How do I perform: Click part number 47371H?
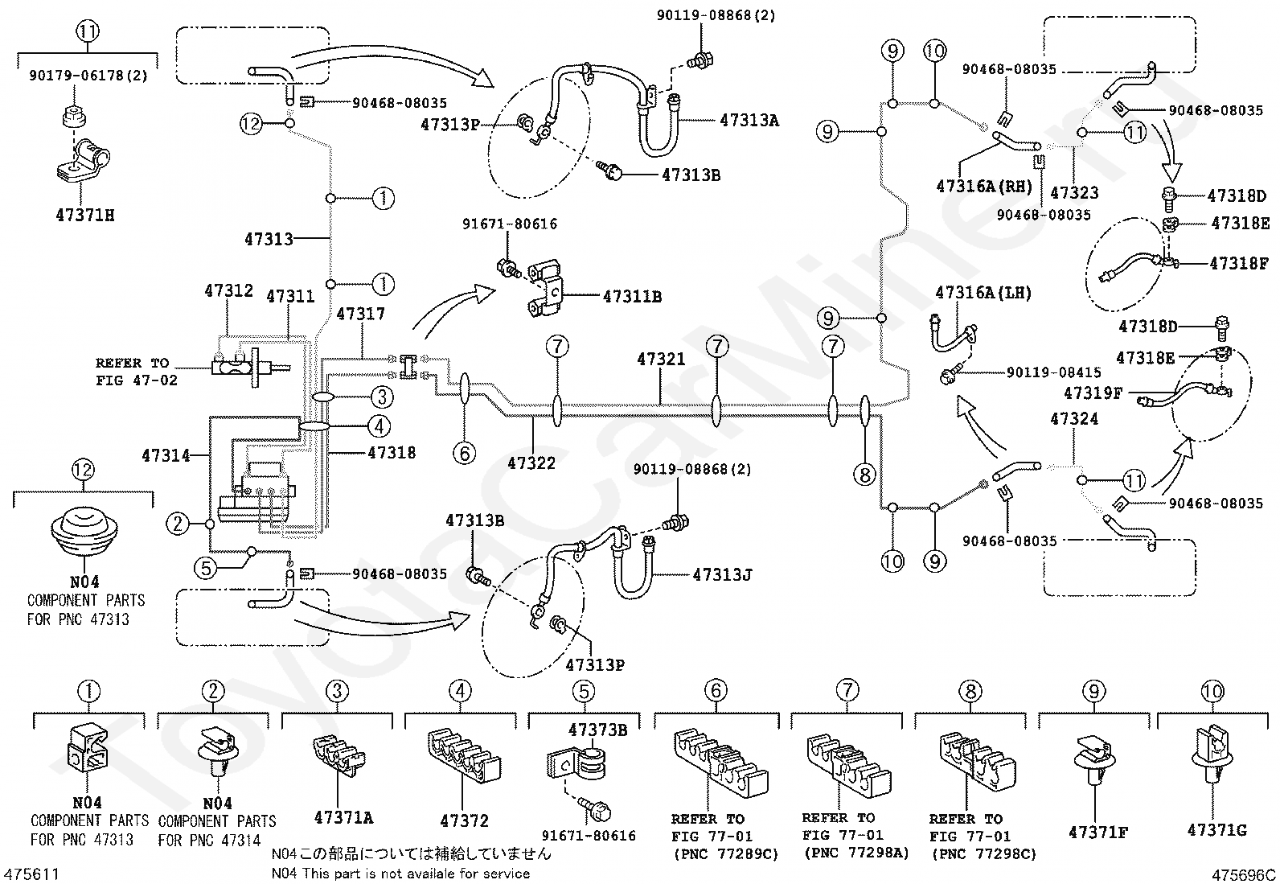pyautogui.click(x=85, y=215)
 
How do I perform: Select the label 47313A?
pyautogui.click(x=749, y=120)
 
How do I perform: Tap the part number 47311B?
pyautogui.click(x=632, y=296)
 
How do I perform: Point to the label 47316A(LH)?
pyautogui.click(x=983, y=293)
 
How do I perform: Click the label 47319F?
pyautogui.click(x=1093, y=393)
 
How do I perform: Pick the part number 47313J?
pyautogui.click(x=722, y=574)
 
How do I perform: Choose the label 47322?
pyautogui.click(x=531, y=463)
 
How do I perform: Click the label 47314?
pyautogui.click(x=166, y=455)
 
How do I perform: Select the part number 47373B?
pyautogui.click(x=597, y=730)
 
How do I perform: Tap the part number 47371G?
pyautogui.click(x=1217, y=829)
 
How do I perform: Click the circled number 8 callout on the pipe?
pyautogui.click(x=864, y=474)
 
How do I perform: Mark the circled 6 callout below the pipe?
pyautogui.click(x=464, y=454)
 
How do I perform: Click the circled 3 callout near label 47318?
pyautogui.click(x=382, y=397)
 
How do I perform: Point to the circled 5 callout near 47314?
pyautogui.click(x=206, y=568)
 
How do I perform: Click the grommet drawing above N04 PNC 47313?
pyautogui.click(x=84, y=529)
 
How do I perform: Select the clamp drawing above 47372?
pyautogui.click(x=464, y=755)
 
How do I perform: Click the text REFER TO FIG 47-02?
pyautogui.click(x=136, y=372)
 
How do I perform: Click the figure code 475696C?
pyautogui.click(x=1244, y=875)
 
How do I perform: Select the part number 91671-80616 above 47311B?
pyautogui.click(x=510, y=224)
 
